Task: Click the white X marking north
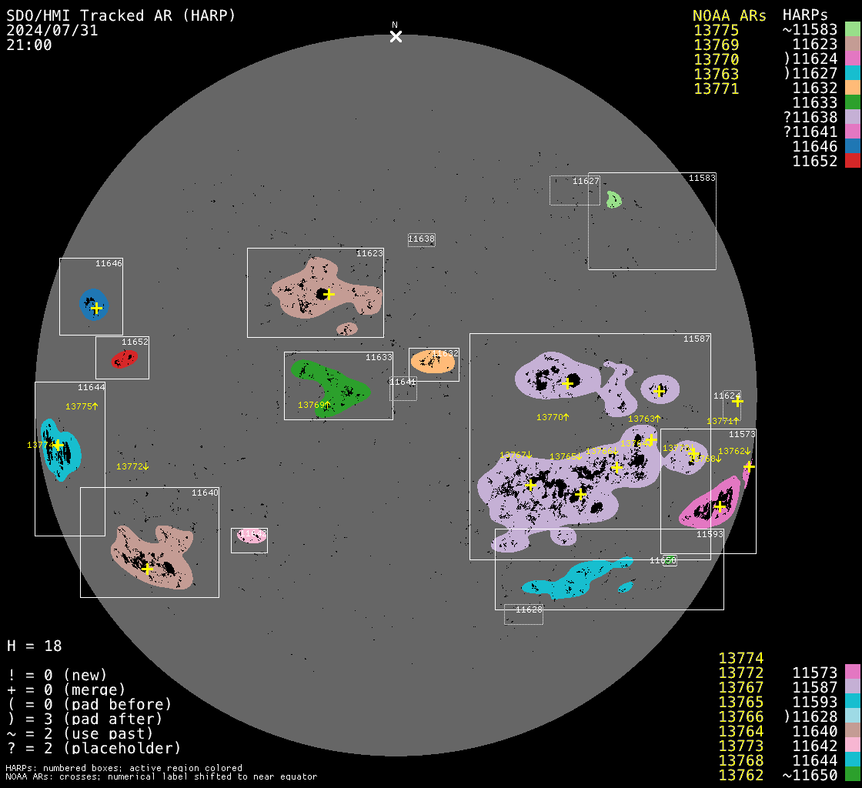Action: pos(396,36)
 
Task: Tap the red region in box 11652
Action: pos(124,359)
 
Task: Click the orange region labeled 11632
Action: pos(431,362)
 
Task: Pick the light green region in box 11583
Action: pos(613,200)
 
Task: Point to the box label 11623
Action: pos(369,253)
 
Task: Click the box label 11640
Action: pos(205,492)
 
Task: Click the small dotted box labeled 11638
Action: pos(421,239)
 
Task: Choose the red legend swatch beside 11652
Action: pos(852,161)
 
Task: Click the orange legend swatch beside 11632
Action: pos(852,88)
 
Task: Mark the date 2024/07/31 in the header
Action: pos(52,31)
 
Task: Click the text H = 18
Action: pos(35,646)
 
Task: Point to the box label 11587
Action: pos(697,339)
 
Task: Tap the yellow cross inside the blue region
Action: pos(96,308)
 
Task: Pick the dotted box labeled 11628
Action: pos(523,614)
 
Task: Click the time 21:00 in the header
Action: pos(29,45)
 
